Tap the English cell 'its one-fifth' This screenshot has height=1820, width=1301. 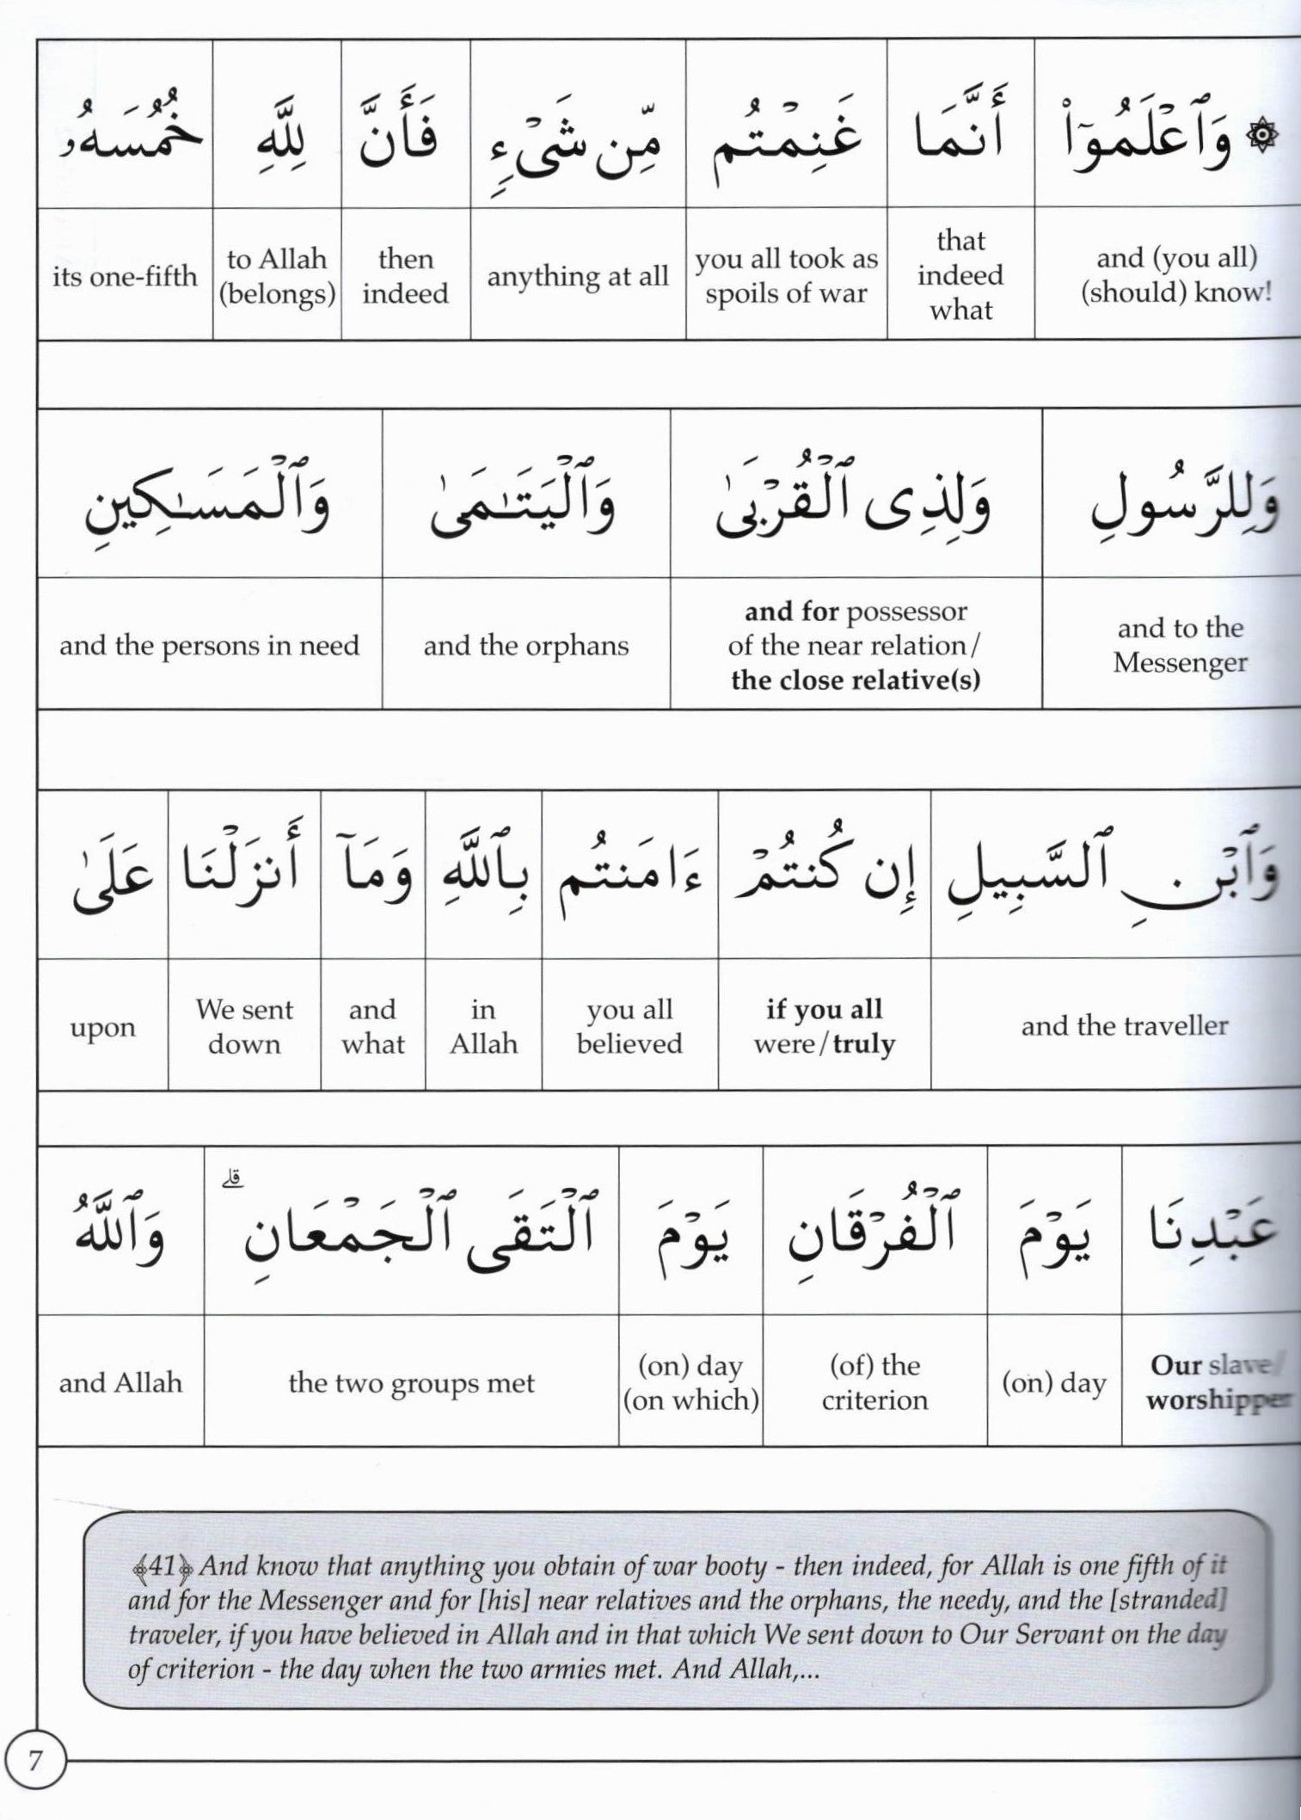click(x=125, y=276)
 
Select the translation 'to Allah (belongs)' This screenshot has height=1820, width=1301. click(x=277, y=276)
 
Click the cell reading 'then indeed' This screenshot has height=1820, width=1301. click(x=405, y=276)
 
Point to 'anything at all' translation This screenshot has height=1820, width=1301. click(x=577, y=276)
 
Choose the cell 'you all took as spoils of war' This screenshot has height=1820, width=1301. click(x=786, y=276)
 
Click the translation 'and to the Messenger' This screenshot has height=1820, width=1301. click(x=1180, y=645)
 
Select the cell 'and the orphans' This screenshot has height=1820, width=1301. click(x=525, y=646)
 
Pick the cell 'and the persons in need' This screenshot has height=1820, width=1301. click(x=209, y=646)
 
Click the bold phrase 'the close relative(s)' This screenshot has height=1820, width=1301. click(x=855, y=680)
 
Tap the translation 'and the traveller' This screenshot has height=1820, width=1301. click(x=1124, y=1025)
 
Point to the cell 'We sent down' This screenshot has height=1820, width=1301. click(x=244, y=1026)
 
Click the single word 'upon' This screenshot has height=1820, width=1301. click(x=102, y=1027)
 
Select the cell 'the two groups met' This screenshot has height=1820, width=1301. click(x=411, y=1382)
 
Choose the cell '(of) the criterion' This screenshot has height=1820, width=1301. click(x=874, y=1382)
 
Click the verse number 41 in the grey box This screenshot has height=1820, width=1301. click(x=162, y=1566)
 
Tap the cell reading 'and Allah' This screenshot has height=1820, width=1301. click(x=120, y=1382)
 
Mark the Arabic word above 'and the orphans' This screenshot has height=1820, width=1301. click(x=525, y=503)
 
